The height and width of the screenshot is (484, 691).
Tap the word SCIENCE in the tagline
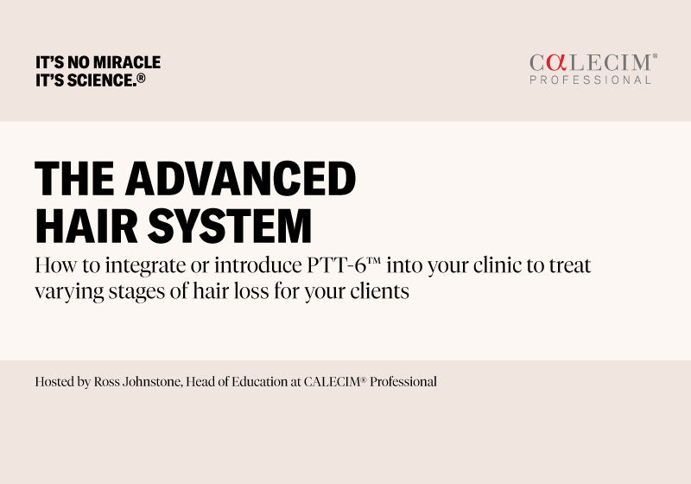(97, 80)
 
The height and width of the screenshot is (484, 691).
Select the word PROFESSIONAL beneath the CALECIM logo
(590, 80)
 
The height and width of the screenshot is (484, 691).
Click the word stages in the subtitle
(137, 291)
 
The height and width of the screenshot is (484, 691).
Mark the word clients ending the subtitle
(380, 290)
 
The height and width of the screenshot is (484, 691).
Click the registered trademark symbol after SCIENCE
(141, 78)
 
